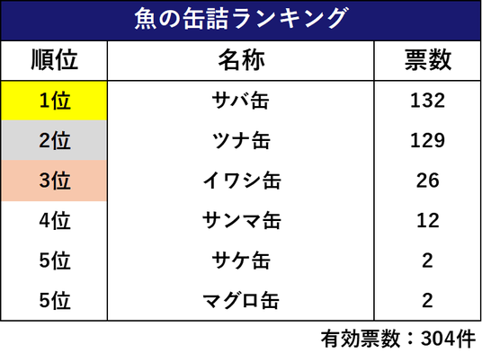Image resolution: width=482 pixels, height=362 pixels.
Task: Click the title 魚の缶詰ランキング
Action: (241, 19)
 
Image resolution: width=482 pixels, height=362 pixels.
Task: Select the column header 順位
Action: (55, 60)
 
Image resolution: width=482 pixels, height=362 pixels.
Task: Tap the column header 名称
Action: (241, 60)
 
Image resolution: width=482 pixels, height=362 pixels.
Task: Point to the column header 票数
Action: (427, 60)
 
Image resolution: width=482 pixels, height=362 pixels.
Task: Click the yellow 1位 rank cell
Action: (55, 101)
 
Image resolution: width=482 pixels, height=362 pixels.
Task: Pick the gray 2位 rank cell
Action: (55, 140)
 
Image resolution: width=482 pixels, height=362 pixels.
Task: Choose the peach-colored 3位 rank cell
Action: (55, 181)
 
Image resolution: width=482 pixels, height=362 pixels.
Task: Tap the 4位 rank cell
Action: (55, 220)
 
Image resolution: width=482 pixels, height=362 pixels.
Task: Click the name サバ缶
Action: (241, 101)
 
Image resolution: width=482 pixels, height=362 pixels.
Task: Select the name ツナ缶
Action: (241, 140)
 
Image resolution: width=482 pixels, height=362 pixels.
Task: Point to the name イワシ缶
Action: (242, 181)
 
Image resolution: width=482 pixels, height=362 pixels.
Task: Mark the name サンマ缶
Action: (242, 220)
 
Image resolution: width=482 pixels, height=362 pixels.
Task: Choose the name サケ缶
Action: (241, 260)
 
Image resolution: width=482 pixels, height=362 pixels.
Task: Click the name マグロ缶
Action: (241, 300)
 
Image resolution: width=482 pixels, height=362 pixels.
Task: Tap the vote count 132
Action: (427, 101)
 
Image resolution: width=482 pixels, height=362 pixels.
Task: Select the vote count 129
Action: (427, 140)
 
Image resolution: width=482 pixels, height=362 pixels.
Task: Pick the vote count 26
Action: (427, 181)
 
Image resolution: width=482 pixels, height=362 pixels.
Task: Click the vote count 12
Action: (427, 220)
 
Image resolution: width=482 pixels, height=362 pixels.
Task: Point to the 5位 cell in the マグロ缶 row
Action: (55, 300)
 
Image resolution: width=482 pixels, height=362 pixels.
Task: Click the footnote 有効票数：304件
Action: (398, 339)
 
